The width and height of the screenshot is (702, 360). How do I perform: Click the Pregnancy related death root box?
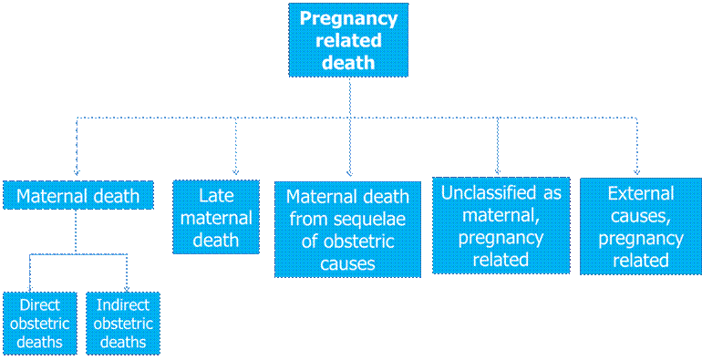pos(348,40)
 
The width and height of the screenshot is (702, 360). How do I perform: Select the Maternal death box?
pos(78,195)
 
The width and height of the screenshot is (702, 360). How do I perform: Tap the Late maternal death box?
pos(216,217)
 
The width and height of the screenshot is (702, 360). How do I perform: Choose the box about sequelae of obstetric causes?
pos(347,230)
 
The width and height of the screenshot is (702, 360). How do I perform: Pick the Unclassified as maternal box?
pos(501,225)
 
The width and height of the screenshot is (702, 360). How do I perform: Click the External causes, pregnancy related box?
pos(641,226)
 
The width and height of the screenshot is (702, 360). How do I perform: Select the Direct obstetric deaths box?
pos(40,324)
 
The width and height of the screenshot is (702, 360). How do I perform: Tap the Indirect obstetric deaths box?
pos(123,324)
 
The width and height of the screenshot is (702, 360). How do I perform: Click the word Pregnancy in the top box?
pos(348,19)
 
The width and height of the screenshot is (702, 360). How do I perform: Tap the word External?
pos(641,193)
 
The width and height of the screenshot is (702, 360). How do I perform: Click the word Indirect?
pos(123,305)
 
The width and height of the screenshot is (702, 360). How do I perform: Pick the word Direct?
pos(40,305)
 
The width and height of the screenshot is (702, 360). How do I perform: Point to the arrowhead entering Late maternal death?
pos(236,172)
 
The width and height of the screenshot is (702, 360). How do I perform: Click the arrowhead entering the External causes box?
pos(636,172)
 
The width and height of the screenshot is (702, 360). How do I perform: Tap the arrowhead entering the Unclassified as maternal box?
pos(498,171)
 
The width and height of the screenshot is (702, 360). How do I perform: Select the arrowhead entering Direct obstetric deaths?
pos(30,288)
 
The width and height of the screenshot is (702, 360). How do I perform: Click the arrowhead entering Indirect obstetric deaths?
pos(127,288)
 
